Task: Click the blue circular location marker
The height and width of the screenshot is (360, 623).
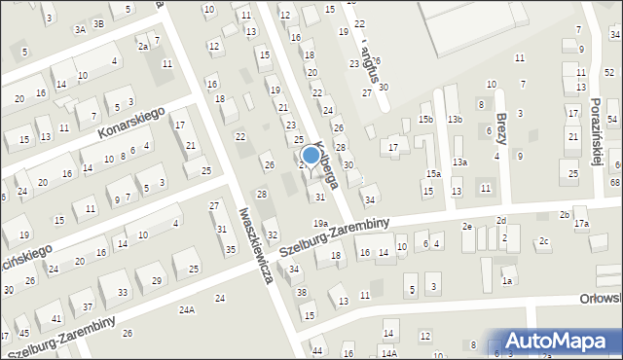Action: pyautogui.click(x=311, y=154)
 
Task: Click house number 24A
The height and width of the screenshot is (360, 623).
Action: pyautogui.click(x=186, y=309)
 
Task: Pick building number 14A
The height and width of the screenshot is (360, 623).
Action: pyautogui.click(x=388, y=352)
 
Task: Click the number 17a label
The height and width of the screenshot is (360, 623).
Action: pyautogui.click(x=581, y=224)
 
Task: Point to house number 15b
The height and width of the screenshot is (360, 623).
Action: pyautogui.click(x=425, y=119)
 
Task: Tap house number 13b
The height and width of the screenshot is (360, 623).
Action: pyautogui.click(x=455, y=119)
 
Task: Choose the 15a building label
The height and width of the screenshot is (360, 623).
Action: pyautogui.click(x=432, y=173)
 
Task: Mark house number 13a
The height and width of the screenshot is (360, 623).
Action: pyautogui.click(x=459, y=162)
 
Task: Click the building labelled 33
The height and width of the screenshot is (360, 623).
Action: pyautogui.click(x=122, y=292)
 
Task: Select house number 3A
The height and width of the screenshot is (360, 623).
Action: pyautogui.click(x=81, y=29)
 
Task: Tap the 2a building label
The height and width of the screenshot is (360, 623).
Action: pyautogui.click(x=143, y=46)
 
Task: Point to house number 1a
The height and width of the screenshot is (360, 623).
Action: pyautogui.click(x=506, y=281)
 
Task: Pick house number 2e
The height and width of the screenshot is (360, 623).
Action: pyautogui.click(x=467, y=226)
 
